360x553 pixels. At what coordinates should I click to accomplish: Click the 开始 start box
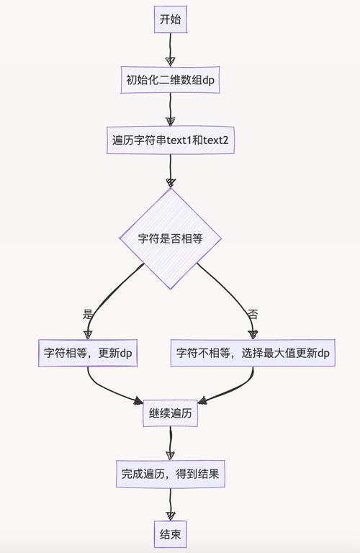pos(171,19)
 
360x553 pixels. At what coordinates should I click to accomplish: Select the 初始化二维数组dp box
pos(171,80)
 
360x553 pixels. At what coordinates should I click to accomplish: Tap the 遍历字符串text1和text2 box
pos(171,140)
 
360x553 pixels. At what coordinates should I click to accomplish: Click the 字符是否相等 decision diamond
pos(171,238)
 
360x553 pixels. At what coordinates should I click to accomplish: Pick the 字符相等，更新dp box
pos(87,353)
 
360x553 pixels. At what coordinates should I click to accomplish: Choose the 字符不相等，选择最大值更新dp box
pos(253,353)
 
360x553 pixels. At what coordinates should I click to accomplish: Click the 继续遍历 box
pos(171,414)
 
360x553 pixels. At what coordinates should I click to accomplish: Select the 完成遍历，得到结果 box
pos(171,474)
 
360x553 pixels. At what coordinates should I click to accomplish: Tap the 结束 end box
pos(171,534)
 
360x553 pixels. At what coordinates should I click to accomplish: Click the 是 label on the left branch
pos(89,314)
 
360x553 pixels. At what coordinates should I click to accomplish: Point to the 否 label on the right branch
pos(253,314)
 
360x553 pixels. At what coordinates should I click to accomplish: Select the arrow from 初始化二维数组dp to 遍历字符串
pos(171,109)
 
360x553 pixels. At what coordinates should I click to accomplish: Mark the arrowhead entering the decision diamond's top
pos(171,182)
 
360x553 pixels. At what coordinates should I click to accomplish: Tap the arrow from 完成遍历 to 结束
pos(171,504)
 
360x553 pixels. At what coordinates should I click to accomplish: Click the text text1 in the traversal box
pos(179,140)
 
